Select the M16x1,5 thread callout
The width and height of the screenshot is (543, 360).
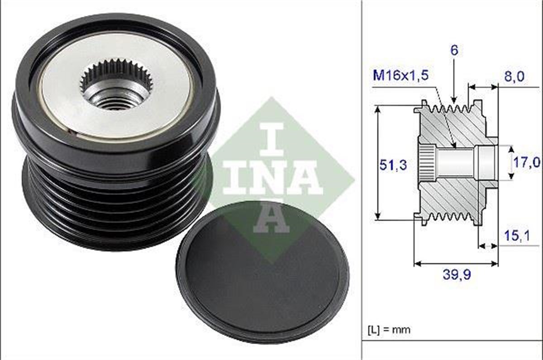399,75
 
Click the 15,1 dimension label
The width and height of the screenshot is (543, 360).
516,236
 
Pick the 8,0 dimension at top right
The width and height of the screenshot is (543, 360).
515,77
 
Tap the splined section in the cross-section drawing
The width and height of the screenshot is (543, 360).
427,163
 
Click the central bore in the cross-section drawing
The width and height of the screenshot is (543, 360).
457,163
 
